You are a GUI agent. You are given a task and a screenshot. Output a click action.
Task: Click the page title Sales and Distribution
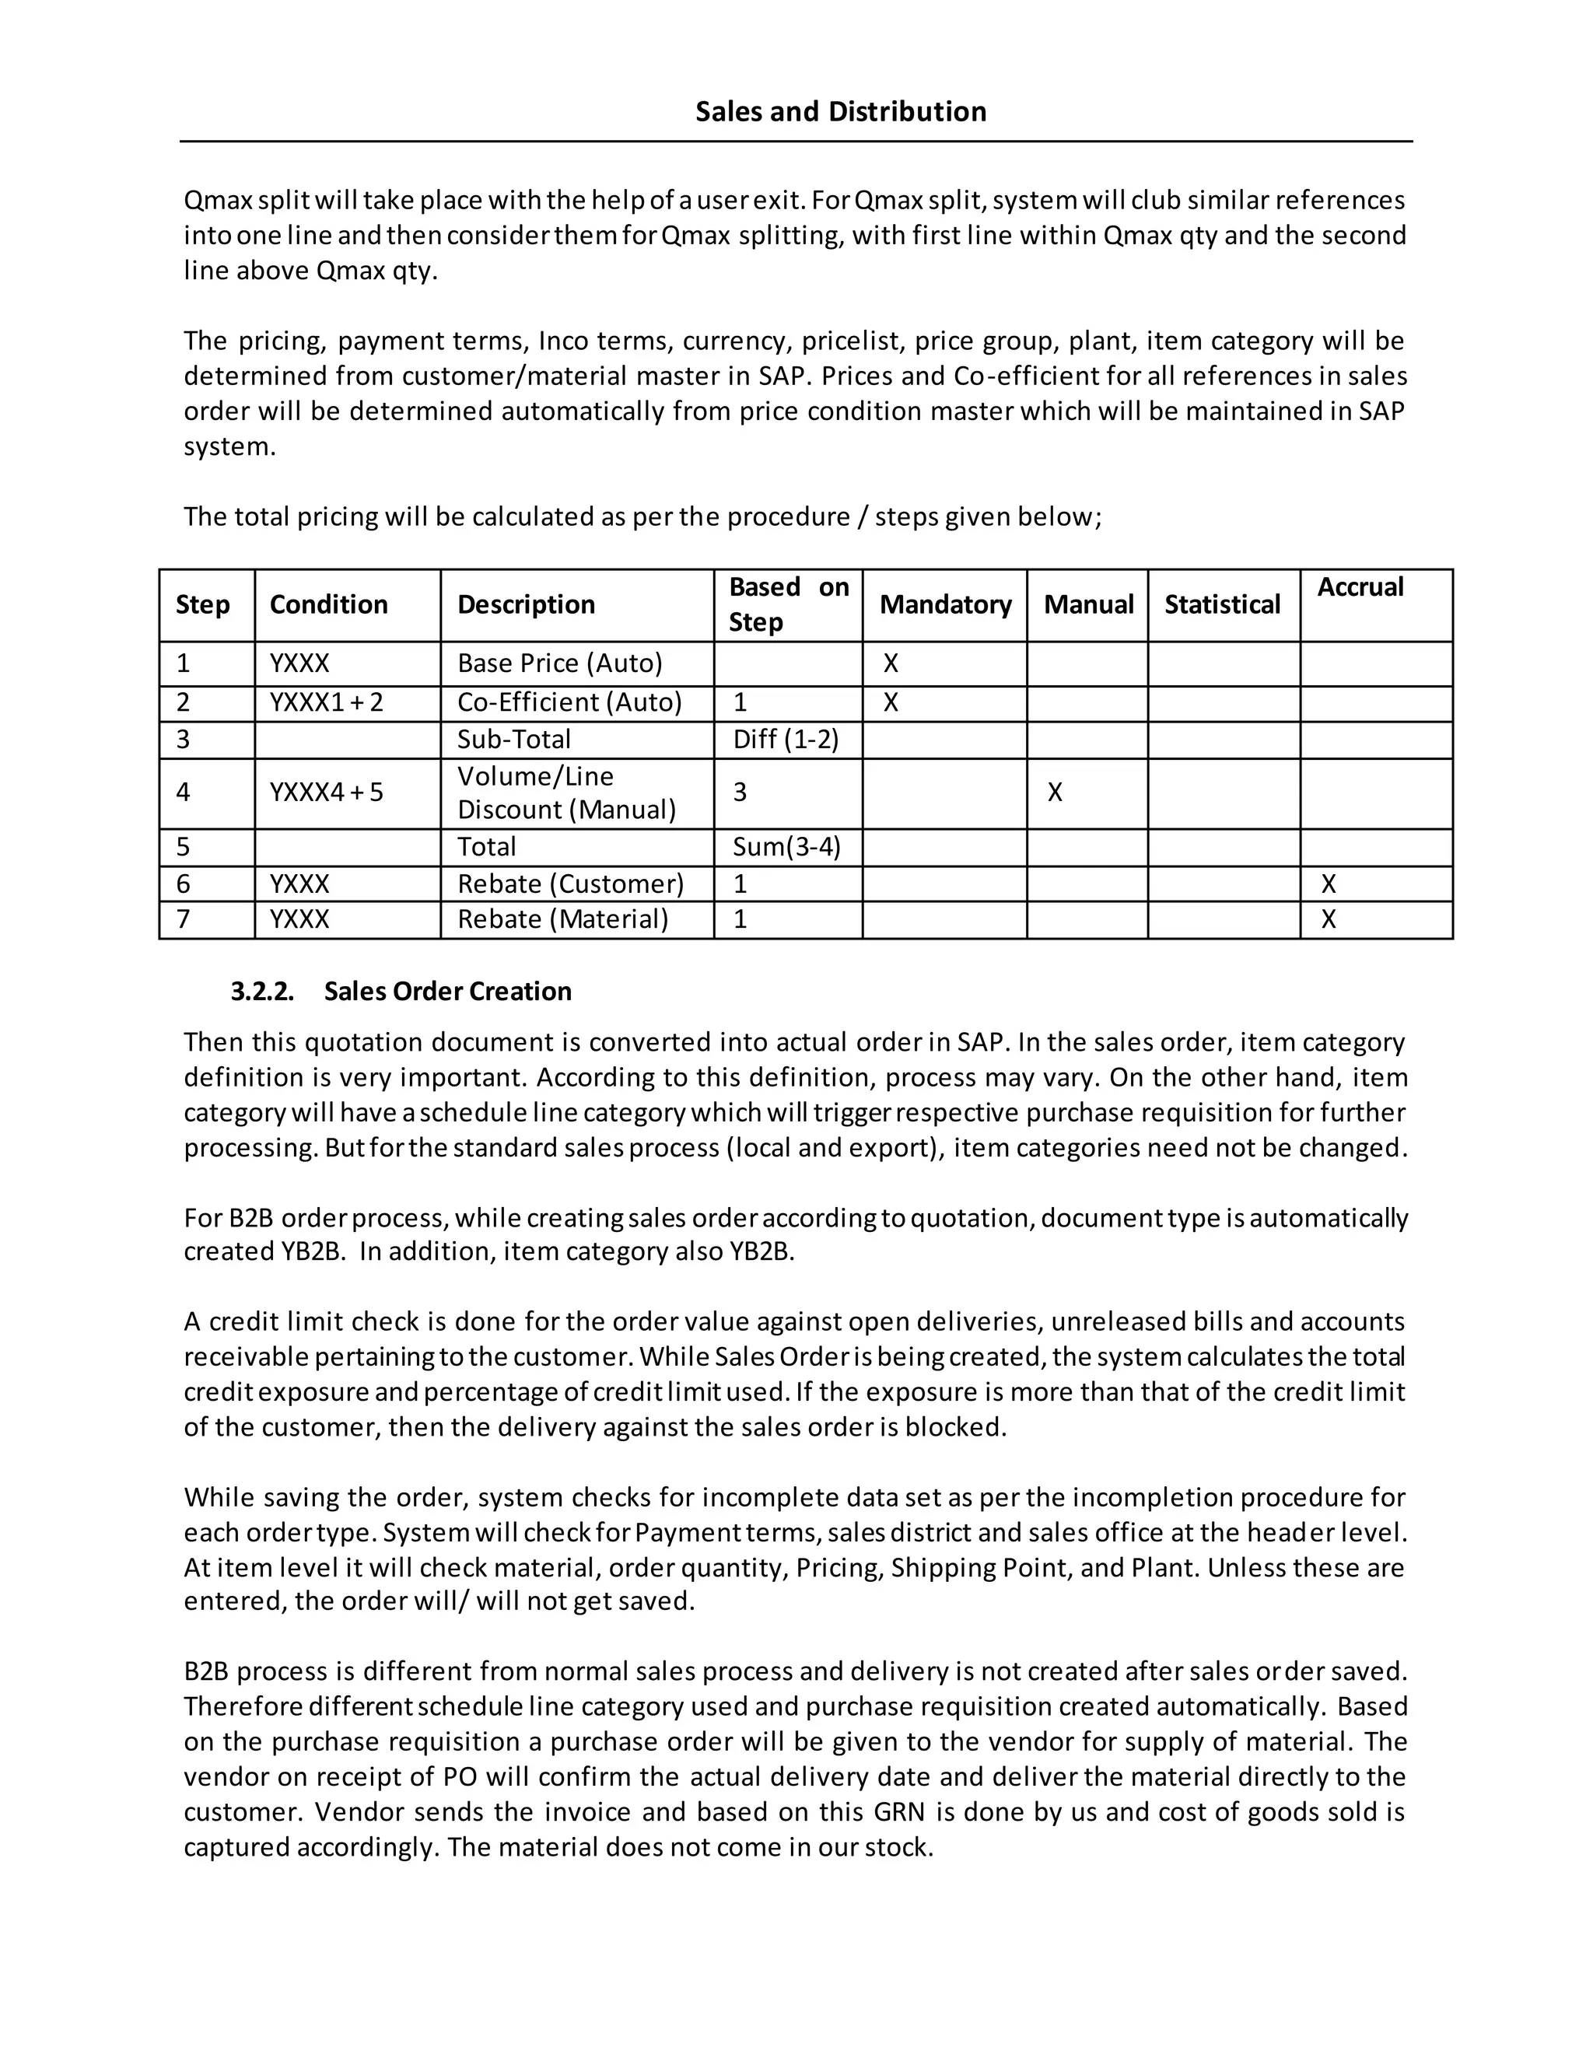[840, 111]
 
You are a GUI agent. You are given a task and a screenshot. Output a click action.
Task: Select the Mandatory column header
[944, 604]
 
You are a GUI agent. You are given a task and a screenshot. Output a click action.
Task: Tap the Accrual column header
[1359, 587]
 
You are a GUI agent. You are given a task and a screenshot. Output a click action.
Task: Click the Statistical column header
[1221, 604]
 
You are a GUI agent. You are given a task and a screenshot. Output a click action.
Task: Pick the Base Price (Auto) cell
[559, 663]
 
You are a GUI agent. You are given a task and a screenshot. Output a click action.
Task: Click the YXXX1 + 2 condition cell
[327, 702]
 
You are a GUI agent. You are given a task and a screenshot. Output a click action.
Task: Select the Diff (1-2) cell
[785, 739]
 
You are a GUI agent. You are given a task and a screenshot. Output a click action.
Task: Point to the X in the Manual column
[1054, 793]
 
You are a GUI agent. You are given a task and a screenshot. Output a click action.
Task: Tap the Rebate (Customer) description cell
[570, 884]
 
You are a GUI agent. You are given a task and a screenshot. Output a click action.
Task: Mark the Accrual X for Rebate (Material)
[1328, 919]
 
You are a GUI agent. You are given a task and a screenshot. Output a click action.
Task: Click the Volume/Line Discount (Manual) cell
[566, 793]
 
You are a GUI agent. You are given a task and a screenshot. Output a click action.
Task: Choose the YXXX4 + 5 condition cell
[327, 793]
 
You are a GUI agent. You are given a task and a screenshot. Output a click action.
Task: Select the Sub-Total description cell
[513, 739]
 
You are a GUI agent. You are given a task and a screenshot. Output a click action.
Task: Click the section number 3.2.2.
[262, 991]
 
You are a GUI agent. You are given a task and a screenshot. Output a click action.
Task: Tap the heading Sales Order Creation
[447, 991]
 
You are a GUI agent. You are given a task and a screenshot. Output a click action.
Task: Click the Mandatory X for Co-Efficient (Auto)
[890, 702]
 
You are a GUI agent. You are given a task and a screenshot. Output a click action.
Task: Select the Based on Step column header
[788, 604]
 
